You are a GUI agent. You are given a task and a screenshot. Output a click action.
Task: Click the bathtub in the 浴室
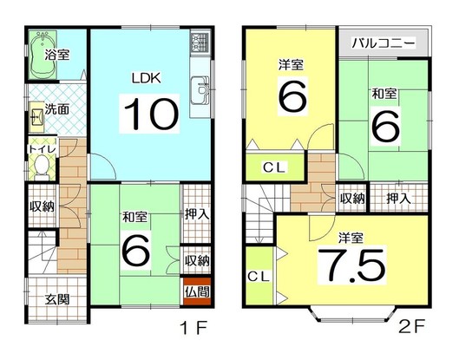tap(43, 55)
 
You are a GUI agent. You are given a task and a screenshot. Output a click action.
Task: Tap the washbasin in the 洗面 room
tap(37, 117)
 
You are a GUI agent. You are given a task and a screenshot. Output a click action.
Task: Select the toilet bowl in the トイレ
tap(42, 167)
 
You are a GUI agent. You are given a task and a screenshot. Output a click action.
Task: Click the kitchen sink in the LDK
tap(200, 90)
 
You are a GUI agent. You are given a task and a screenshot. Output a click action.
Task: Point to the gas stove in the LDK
tap(200, 42)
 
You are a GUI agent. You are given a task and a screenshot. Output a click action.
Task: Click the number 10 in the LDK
tap(150, 114)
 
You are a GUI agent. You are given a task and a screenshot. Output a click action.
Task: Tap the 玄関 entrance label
tap(57, 299)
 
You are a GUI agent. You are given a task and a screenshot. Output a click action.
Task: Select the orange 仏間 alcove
tap(197, 291)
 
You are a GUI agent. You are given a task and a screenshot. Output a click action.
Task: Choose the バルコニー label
tap(384, 43)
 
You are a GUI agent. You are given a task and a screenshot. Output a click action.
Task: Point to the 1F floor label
tap(194, 328)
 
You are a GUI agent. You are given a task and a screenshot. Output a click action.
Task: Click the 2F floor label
tap(411, 326)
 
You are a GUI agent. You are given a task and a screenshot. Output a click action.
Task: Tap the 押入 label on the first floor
tap(197, 215)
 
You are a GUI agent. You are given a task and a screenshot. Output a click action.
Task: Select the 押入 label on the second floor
tap(398, 199)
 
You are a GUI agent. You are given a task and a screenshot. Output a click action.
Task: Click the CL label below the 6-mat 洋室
tap(274, 167)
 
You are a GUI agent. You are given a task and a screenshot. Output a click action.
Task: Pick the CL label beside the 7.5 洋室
tap(259, 277)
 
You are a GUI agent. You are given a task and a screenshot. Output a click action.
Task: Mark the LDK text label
tap(147, 78)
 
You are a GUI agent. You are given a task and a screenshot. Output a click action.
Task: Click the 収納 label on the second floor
tap(352, 199)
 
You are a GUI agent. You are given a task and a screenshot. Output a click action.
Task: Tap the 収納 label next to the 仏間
tap(197, 260)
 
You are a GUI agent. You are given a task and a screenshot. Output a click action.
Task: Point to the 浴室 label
tap(57, 55)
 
